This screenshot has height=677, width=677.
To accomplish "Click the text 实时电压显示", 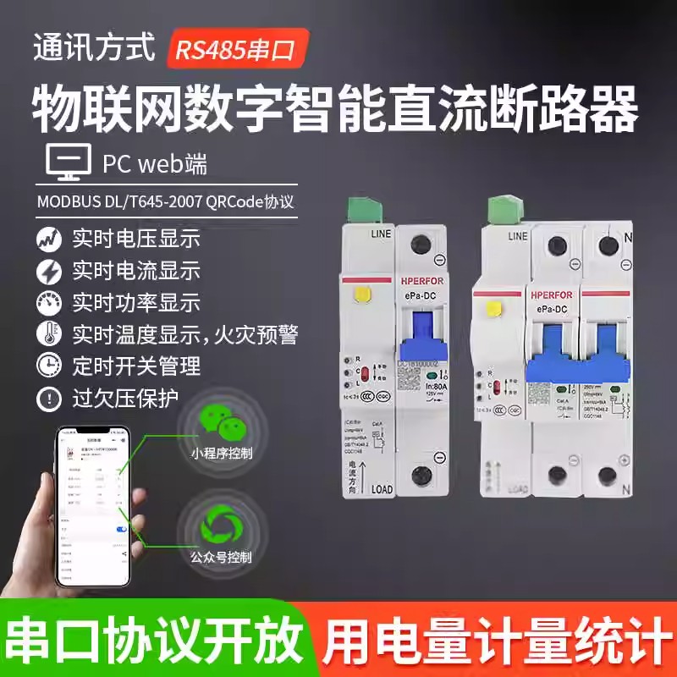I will [x=136, y=239].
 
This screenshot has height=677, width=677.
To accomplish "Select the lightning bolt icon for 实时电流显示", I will [x=49, y=271].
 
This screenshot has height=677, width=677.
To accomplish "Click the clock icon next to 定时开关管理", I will [x=49, y=366].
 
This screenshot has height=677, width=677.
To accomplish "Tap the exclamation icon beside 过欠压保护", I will [x=49, y=398].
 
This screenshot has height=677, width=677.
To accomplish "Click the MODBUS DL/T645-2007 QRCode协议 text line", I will [x=168, y=204].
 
